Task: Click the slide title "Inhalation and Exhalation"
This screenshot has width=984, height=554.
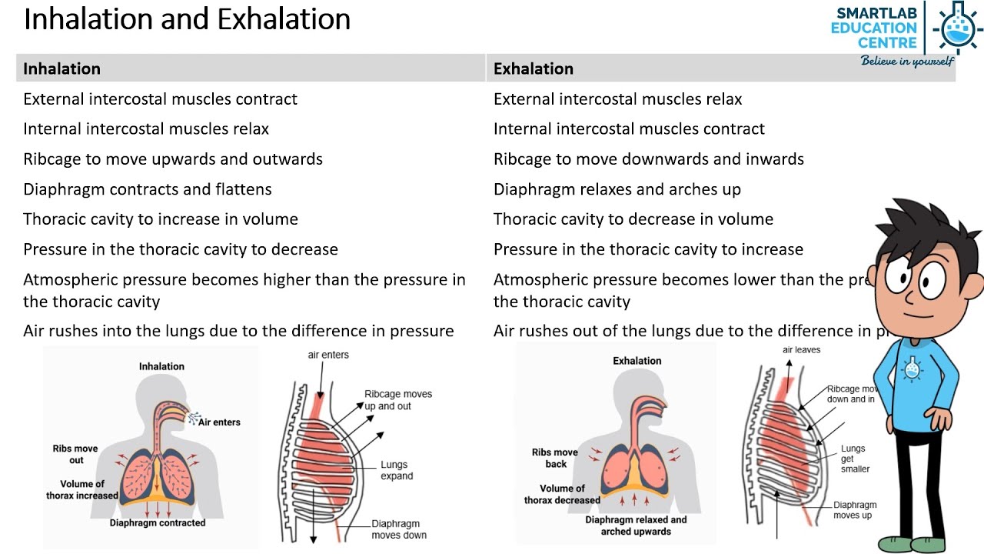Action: pyautogui.click(x=187, y=19)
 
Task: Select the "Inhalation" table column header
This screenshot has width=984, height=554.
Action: pyautogui.click(x=61, y=68)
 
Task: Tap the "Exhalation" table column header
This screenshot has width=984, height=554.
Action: pyautogui.click(x=533, y=68)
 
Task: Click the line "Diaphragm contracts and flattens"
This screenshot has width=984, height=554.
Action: pyautogui.click(x=147, y=189)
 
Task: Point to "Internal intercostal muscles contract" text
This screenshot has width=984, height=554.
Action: pyautogui.click(x=629, y=129)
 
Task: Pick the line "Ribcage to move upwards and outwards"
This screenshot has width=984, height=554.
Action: pyautogui.click(x=173, y=159)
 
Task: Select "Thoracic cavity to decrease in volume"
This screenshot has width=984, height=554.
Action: pyautogui.click(x=633, y=219)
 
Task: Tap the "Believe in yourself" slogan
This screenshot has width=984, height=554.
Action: pyautogui.click(x=906, y=61)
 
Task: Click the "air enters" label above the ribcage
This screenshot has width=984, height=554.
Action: pyautogui.click(x=328, y=355)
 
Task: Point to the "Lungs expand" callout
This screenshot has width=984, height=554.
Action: pyautogui.click(x=397, y=470)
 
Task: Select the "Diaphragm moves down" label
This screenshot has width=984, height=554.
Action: pyautogui.click(x=398, y=529)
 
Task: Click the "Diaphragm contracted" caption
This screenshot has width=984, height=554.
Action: pyautogui.click(x=158, y=523)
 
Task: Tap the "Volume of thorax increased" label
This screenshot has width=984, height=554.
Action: pyautogui.click(x=81, y=489)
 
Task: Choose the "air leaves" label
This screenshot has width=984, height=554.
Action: pyautogui.click(x=801, y=350)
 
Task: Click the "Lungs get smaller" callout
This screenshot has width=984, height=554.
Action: pyautogui.click(x=855, y=459)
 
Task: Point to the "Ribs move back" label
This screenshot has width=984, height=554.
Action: pyautogui.click(x=554, y=458)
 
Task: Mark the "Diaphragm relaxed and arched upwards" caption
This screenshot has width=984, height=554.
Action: pyautogui.click(x=636, y=526)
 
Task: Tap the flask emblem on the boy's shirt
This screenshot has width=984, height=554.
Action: pyautogui.click(x=913, y=369)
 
